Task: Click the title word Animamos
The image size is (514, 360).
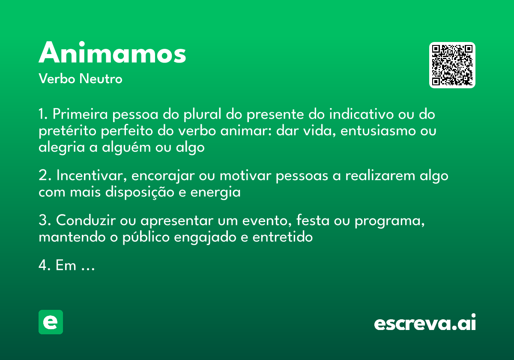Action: click(112, 53)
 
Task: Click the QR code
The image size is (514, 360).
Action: click(452, 65)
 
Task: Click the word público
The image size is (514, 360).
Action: click(146, 237)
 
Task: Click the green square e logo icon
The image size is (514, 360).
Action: click(51, 322)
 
